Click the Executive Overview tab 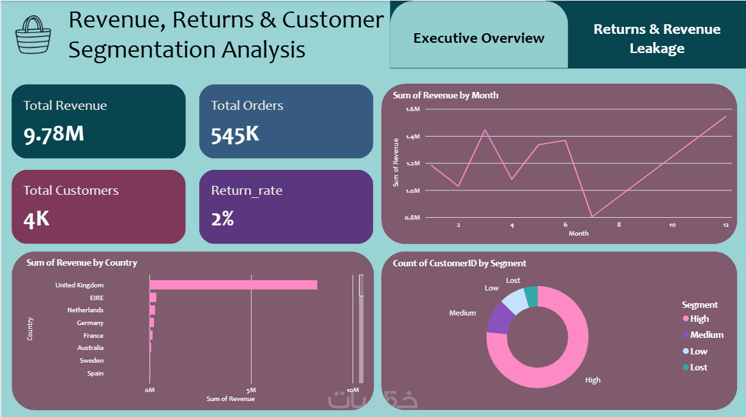point(478,38)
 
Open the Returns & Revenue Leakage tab point(657,38)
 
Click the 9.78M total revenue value point(54,134)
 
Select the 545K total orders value point(235,134)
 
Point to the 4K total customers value point(36,219)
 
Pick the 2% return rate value point(222,219)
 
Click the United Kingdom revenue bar point(233,285)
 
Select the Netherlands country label point(85,310)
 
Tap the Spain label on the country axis point(95,374)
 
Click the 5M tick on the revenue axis point(251,390)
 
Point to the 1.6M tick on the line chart point(412,109)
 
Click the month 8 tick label point(619,225)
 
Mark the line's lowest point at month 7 point(592,216)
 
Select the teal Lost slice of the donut point(531,296)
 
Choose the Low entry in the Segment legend point(698,351)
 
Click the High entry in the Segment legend point(699,319)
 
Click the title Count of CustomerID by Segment point(459,263)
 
